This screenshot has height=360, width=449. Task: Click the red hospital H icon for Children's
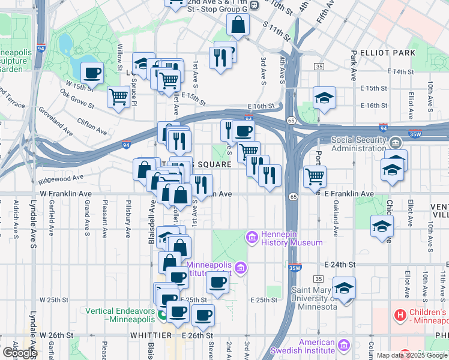coord(399,314)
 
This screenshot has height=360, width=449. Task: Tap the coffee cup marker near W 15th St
coord(92,73)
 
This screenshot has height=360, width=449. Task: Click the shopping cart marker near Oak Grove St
coord(119,95)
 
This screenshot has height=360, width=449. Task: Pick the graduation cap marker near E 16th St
coord(324,97)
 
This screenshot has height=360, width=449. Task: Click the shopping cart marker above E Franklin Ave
coord(315,176)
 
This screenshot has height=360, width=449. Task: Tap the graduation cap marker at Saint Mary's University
coord(344,287)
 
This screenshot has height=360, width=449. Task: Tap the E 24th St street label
coord(339,264)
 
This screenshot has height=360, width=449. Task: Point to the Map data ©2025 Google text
coord(412,355)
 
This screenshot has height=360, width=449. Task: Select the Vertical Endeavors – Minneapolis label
coord(121,315)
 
